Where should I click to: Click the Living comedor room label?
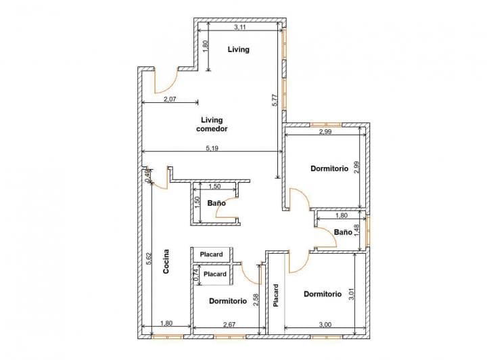pyautogui.click(x=212, y=124)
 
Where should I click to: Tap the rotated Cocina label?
pyautogui.click(x=166, y=262)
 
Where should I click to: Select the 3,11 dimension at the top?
pyautogui.click(x=239, y=28)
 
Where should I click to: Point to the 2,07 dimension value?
pyautogui.click(x=170, y=99)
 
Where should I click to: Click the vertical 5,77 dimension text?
pyautogui.click(x=275, y=100)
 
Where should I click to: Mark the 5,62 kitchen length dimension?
pyautogui.click(x=147, y=261)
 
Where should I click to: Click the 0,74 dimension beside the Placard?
pyautogui.click(x=196, y=274)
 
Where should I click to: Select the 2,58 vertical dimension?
pyautogui.click(x=255, y=299)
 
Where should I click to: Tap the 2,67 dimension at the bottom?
pyautogui.click(x=229, y=325)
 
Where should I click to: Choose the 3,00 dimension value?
pyautogui.click(x=325, y=325)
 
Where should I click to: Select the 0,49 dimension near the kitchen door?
pyautogui.click(x=147, y=175)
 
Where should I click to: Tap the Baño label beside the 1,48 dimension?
pyautogui.click(x=343, y=232)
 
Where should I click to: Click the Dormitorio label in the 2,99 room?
pyautogui.click(x=329, y=168)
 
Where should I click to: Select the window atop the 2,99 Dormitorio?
pyautogui.click(x=326, y=125)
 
